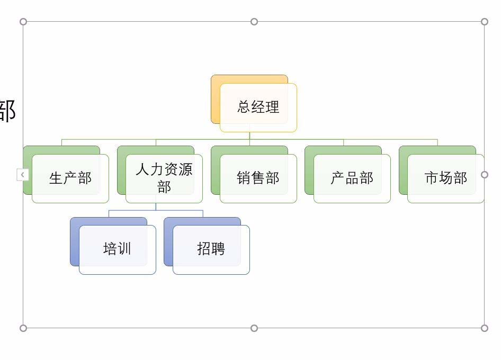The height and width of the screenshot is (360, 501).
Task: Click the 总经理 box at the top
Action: coord(258,107)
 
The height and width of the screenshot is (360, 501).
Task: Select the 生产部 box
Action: coord(70,178)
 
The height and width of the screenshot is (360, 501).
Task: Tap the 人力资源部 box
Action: coord(164,178)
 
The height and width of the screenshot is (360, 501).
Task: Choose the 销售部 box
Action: coord(258,178)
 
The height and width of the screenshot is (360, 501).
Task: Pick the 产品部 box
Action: coord(352,178)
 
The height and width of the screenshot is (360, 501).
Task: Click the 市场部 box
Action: coord(446,178)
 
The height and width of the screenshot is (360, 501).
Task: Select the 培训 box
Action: coord(118,249)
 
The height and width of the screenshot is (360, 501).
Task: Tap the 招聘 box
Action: coord(211,249)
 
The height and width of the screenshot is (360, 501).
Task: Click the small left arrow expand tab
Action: coord(23,175)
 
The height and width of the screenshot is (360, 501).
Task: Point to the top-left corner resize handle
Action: coord(23,22)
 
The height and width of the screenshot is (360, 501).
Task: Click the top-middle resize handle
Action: coord(254,22)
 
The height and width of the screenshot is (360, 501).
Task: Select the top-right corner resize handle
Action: coord(485,22)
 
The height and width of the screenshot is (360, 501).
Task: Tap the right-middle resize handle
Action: coord(485,175)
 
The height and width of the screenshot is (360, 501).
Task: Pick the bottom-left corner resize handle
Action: coord(23,328)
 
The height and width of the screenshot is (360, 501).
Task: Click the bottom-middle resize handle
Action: coord(254,328)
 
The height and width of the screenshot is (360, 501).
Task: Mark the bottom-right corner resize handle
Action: coord(485,328)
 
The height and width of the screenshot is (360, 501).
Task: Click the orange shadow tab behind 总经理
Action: coord(216,101)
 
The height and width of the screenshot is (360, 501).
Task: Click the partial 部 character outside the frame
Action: coord(7,111)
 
